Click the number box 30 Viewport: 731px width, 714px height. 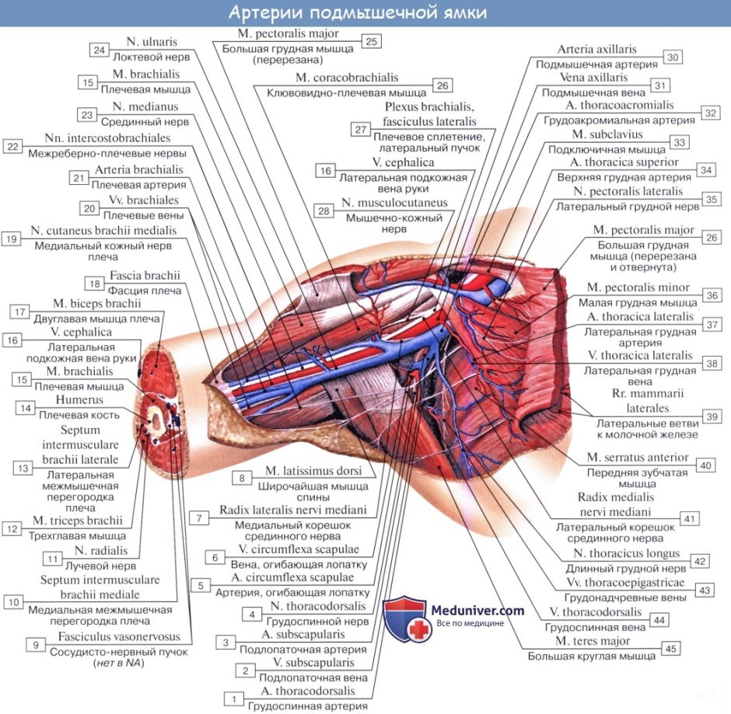tap(673, 57)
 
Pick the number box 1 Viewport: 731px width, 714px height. tap(233, 698)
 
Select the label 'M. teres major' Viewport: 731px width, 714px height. tap(592, 642)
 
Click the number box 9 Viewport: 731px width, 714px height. tap(33, 644)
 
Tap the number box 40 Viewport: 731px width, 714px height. tap(705, 465)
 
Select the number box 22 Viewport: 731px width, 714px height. tap(12, 146)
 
